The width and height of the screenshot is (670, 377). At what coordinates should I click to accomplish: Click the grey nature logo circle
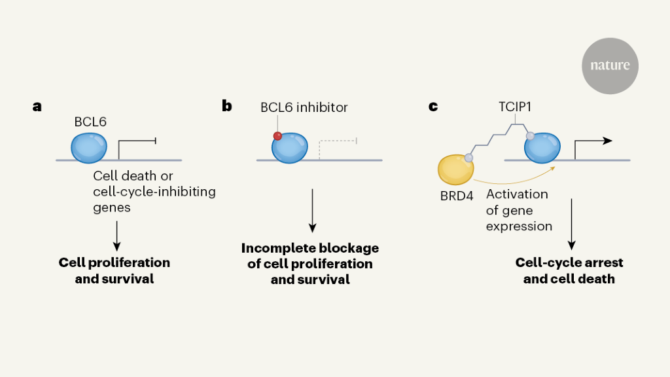610,65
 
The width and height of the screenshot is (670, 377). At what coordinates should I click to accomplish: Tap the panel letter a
37,106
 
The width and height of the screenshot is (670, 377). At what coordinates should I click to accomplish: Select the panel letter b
227,106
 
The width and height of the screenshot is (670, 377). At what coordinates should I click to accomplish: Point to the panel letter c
433,106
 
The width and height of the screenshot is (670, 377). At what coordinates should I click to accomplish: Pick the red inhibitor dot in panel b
277,136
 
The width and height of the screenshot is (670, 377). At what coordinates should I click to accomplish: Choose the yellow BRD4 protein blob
456,170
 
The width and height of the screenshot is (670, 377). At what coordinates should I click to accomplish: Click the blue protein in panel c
542,149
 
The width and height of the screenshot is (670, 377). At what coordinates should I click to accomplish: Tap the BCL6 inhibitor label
304,107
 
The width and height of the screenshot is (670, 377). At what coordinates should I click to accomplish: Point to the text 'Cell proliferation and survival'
115,270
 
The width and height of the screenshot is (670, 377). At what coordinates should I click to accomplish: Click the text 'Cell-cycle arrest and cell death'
569,270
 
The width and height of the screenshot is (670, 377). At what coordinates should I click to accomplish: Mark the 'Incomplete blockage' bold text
310,249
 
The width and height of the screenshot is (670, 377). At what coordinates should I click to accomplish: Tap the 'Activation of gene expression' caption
519,211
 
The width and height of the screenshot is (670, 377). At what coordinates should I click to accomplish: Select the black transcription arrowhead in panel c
607,140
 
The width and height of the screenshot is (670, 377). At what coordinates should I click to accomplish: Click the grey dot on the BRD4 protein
468,158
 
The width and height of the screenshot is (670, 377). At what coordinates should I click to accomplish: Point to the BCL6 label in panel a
90,122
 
